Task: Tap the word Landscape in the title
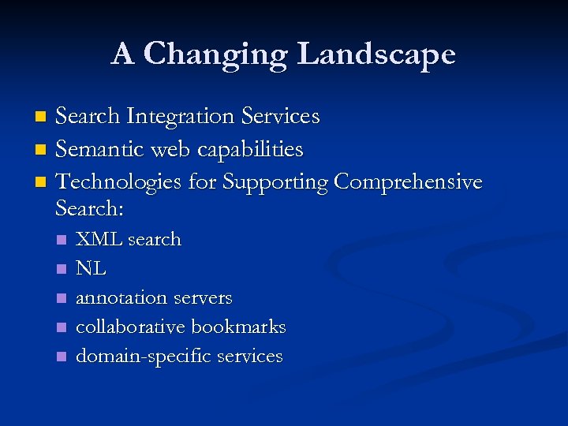tap(376, 54)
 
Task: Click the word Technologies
tap(119, 182)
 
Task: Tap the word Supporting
tap(276, 182)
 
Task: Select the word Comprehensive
tap(408, 182)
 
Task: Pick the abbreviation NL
tap(91, 268)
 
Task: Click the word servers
tap(203, 298)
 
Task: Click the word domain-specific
tap(143, 357)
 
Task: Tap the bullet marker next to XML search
tap(62, 240)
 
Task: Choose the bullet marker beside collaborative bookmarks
tap(62, 327)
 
